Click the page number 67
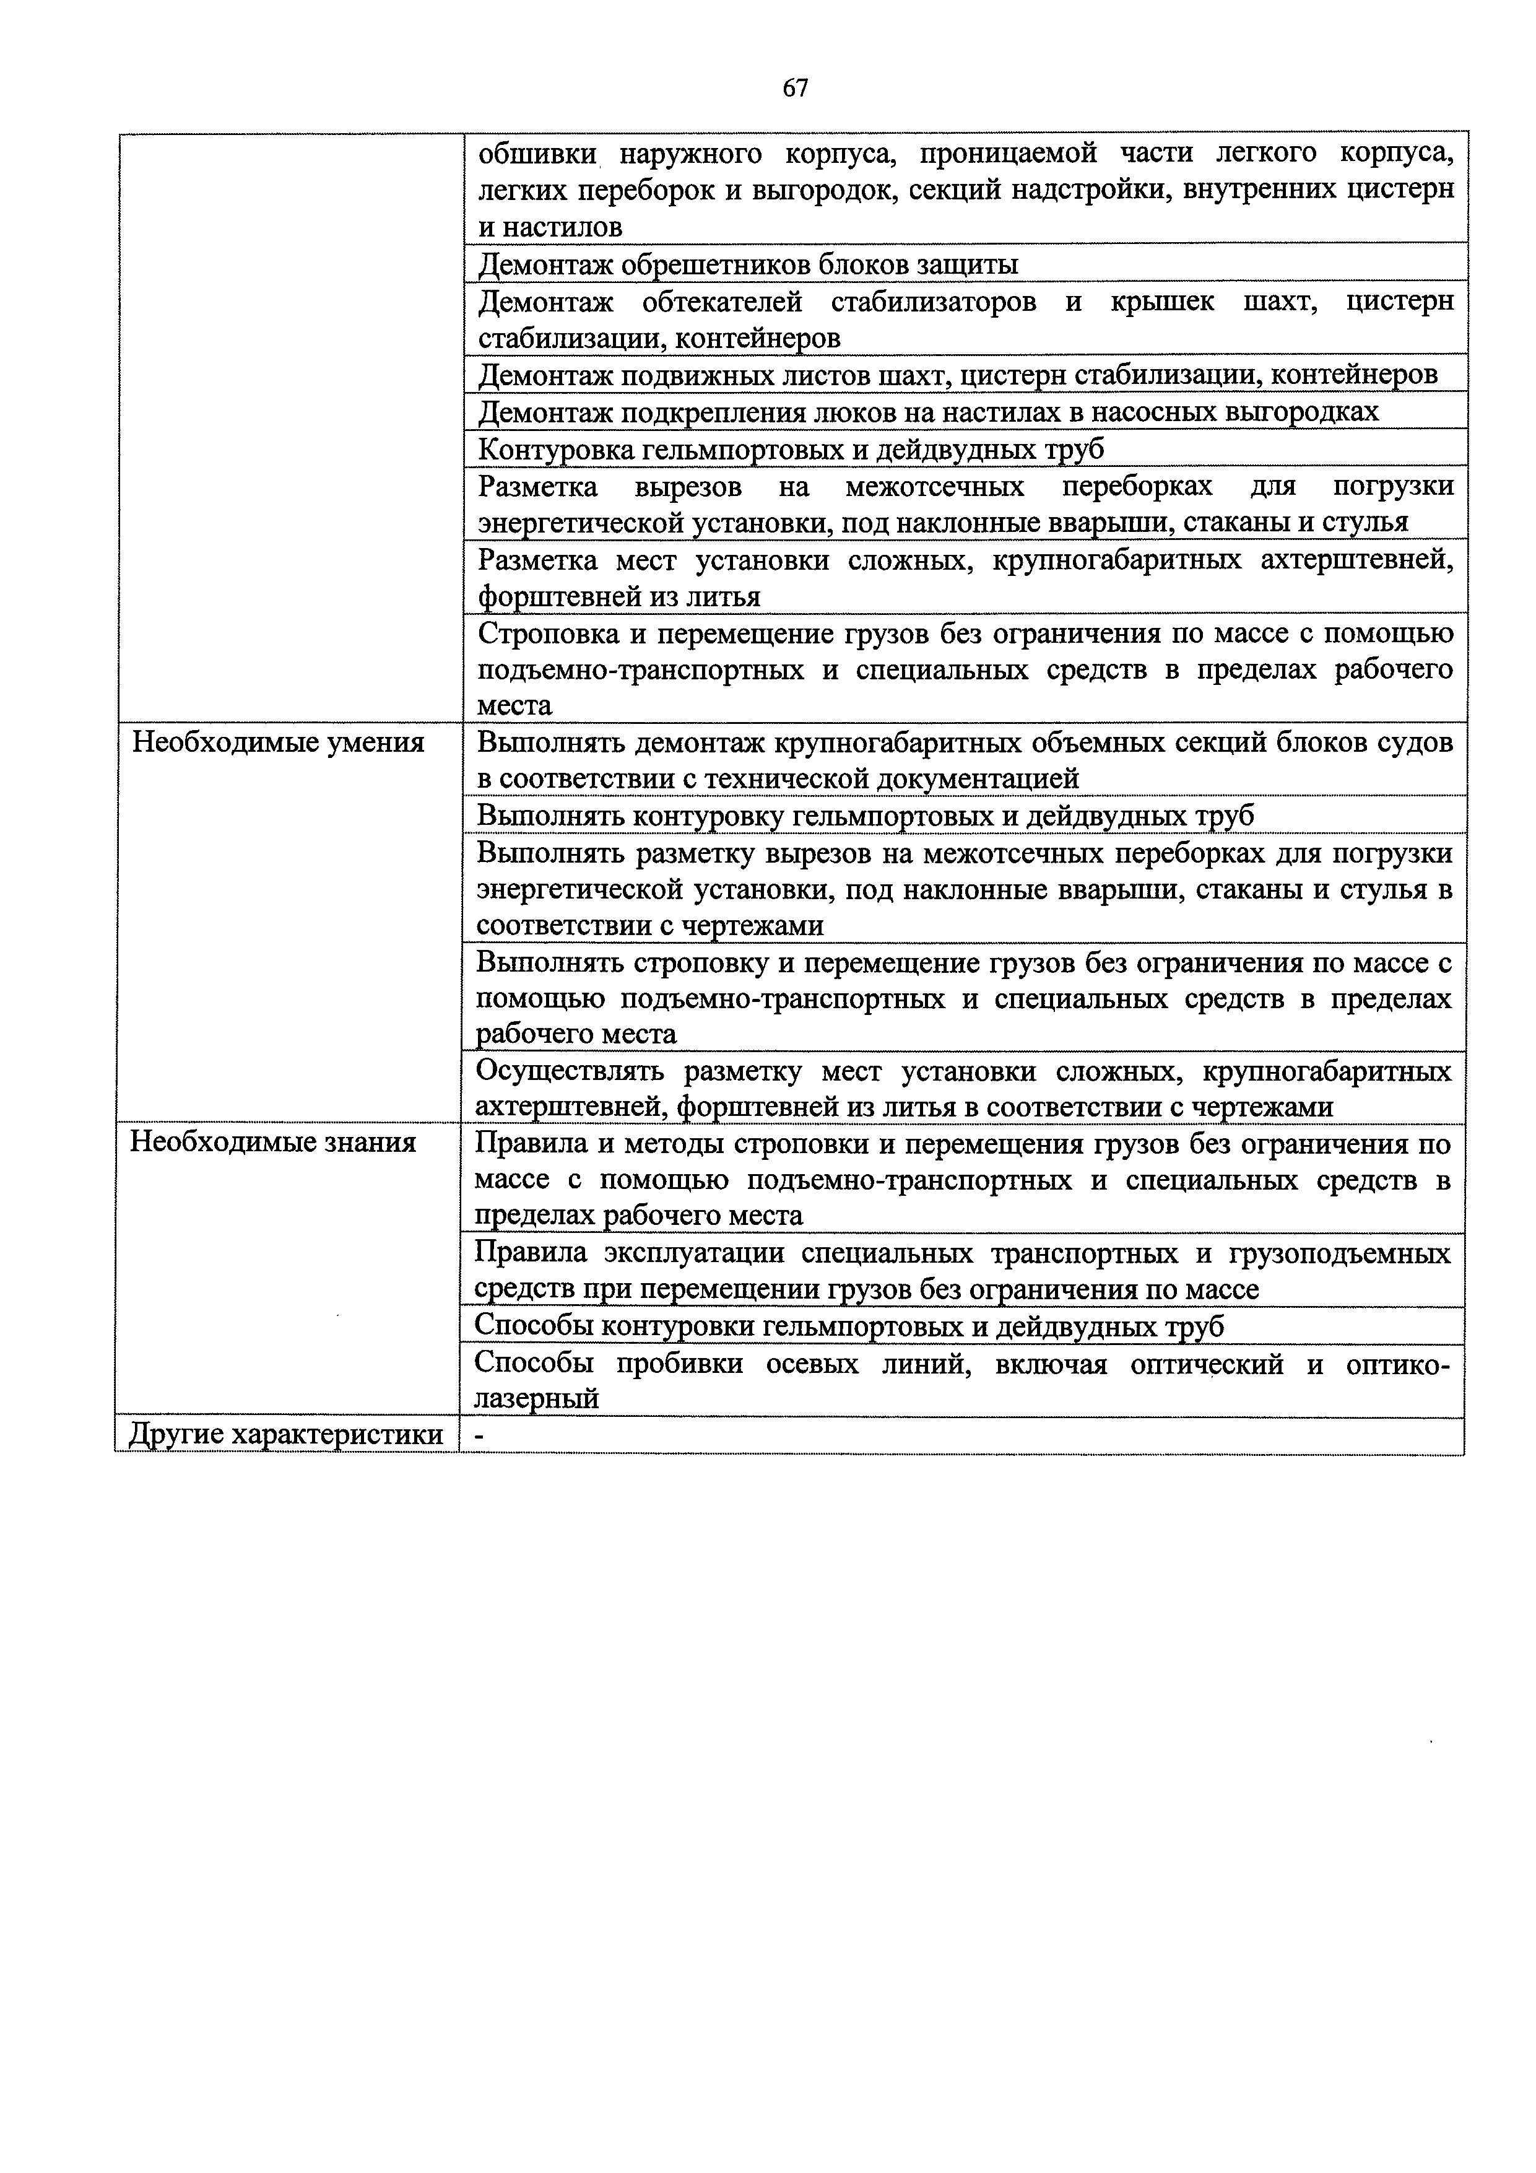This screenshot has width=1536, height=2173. pyautogui.click(x=795, y=88)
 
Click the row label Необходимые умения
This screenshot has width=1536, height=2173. pyautogui.click(x=277, y=742)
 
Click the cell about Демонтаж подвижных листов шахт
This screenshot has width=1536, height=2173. pyautogui.click(x=957, y=375)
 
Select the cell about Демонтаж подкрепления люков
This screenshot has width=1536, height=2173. pyautogui.click(x=927, y=412)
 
